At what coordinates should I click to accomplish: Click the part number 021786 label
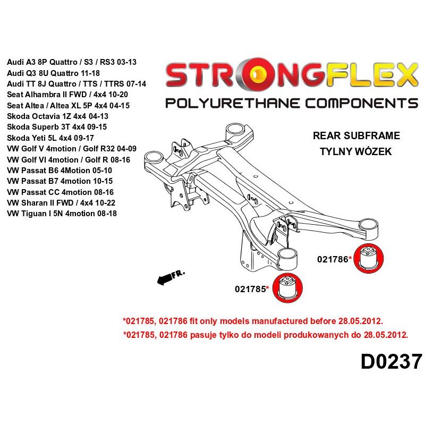coord(334,259)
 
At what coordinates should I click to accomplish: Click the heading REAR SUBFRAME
coord(356,136)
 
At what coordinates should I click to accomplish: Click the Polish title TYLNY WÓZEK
coord(355,151)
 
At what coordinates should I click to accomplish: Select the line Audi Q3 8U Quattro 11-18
coord(54,73)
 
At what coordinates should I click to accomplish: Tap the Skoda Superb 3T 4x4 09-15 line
coord(60,127)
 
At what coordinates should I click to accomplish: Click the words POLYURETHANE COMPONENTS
coord(291,103)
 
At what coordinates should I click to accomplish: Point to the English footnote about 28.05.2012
coord(252,321)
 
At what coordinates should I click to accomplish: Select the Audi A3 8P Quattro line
coord(72,62)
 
